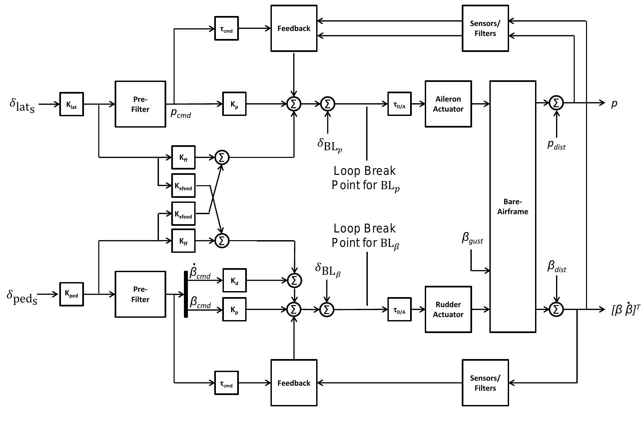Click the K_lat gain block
click(71, 104)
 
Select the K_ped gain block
click(71, 294)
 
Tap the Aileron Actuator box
click(448, 104)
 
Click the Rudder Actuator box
click(448, 309)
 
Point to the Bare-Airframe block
click(512, 207)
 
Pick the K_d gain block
click(234, 280)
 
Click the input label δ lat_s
click(22, 105)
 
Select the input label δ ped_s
click(22, 296)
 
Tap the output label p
click(614, 104)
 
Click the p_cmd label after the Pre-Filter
click(181, 113)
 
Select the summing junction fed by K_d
click(294, 280)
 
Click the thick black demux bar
click(186, 294)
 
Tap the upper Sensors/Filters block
click(485, 28)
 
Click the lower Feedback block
click(294, 383)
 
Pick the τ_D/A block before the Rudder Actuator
click(399, 310)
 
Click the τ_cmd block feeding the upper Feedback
click(226, 29)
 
